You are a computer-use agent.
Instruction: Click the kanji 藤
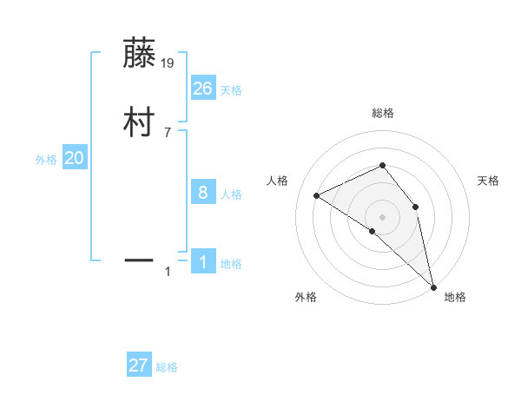pyautogui.click(x=140, y=54)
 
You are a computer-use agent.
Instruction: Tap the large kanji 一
pyautogui.click(x=140, y=258)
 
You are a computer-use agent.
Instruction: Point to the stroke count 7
pyautogui.click(x=168, y=133)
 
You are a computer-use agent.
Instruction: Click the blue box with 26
pyautogui.click(x=203, y=88)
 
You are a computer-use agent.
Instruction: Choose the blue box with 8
pyautogui.click(x=203, y=192)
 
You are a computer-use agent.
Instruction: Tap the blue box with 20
pyautogui.click(x=75, y=158)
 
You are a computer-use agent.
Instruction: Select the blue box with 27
pyautogui.click(x=139, y=365)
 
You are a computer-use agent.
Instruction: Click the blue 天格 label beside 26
pyautogui.click(x=231, y=90)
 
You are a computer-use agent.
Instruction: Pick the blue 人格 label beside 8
pyautogui.click(x=231, y=194)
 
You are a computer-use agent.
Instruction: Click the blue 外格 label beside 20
pyautogui.click(x=46, y=161)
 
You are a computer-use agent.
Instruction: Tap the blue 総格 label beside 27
pyautogui.click(x=167, y=368)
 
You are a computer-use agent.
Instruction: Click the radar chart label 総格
pyautogui.click(x=382, y=114)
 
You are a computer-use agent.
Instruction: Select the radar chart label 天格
pyautogui.click(x=488, y=181)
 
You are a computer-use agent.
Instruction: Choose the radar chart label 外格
pyautogui.click(x=306, y=298)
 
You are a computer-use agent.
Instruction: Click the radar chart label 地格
pyautogui.click(x=455, y=298)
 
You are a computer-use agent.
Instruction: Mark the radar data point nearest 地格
pyautogui.click(x=432, y=286)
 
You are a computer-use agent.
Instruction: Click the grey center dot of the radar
pyautogui.click(x=382, y=216)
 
